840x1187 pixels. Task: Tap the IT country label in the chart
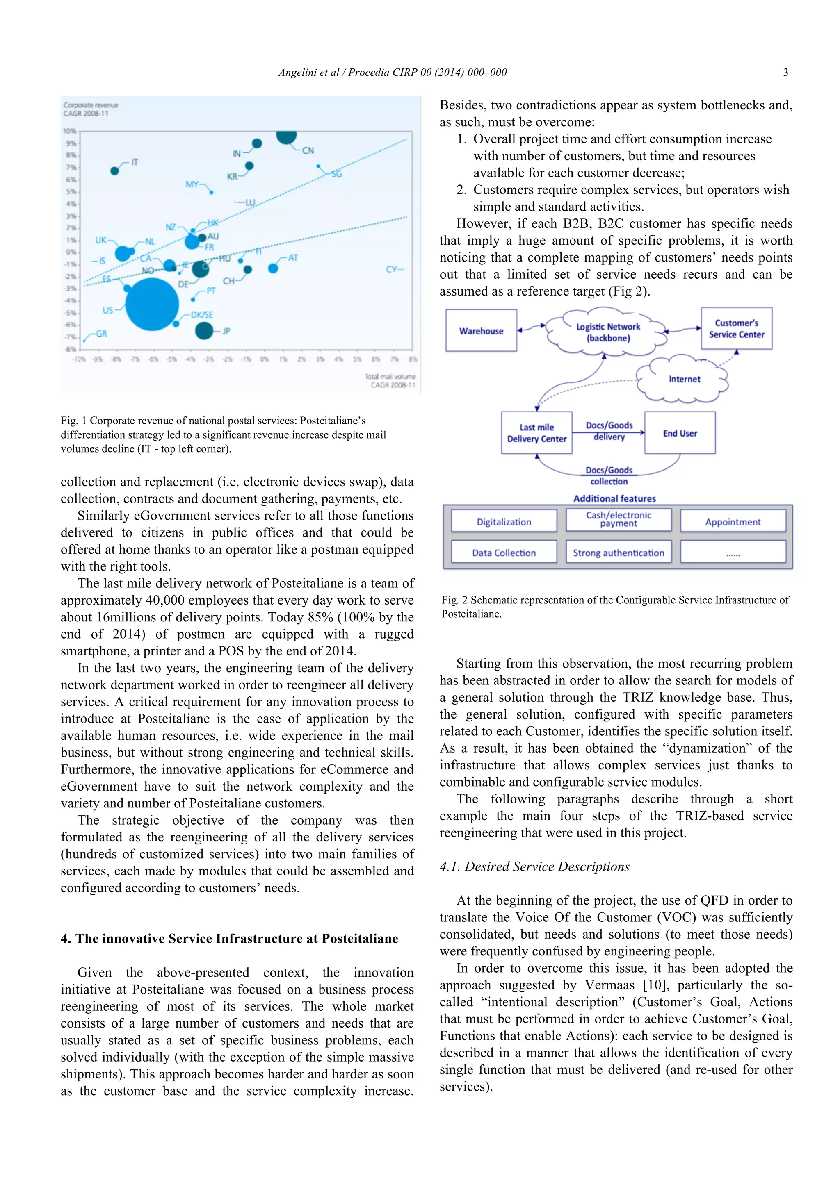135,162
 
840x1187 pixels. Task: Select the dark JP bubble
204,330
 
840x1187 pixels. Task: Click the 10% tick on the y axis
70,131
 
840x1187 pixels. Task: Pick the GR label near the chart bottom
101,334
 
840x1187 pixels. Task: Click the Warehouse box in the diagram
481,331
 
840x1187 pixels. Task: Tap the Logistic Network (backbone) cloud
608,332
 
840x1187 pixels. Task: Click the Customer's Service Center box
736,329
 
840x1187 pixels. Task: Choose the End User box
680,433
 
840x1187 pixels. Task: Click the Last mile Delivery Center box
536,433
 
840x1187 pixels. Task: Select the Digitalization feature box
504,522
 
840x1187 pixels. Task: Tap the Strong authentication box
618,553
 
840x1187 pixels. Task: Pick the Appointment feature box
733,522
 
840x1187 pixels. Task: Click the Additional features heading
614,498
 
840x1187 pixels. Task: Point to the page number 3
785,73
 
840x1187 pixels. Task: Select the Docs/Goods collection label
609,475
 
